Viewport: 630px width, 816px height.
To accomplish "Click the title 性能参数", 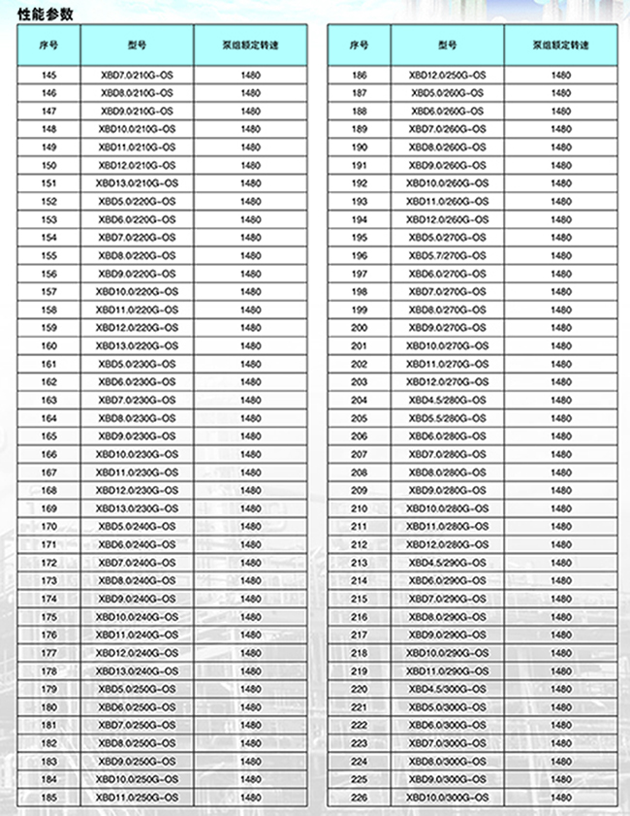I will click(45, 14).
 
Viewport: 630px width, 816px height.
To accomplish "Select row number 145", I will click(49, 75).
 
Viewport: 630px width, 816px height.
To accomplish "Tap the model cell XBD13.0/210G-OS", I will click(137, 183).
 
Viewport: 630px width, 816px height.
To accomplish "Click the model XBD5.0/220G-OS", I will click(137, 201).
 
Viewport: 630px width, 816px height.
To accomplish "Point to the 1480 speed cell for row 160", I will click(251, 345).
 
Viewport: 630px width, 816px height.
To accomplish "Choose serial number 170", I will click(49, 526).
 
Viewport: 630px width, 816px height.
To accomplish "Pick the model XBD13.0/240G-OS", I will click(137, 670).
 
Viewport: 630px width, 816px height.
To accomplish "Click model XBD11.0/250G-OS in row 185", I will click(137, 797).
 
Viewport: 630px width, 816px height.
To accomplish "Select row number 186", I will click(360, 75).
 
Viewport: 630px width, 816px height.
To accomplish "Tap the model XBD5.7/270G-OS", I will click(448, 255).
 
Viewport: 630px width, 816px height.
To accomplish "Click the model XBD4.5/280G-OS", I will click(448, 400).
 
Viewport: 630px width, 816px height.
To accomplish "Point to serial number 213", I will click(360, 562).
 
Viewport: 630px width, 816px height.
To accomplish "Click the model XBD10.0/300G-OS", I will click(448, 797).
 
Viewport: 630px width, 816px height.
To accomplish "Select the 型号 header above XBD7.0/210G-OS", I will click(137, 46).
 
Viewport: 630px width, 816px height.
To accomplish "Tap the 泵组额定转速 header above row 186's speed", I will click(561, 46).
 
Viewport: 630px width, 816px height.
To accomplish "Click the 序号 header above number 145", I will click(49, 46).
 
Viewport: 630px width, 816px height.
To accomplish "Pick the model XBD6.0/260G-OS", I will click(448, 111).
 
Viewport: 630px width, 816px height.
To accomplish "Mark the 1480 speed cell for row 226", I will click(561, 797).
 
